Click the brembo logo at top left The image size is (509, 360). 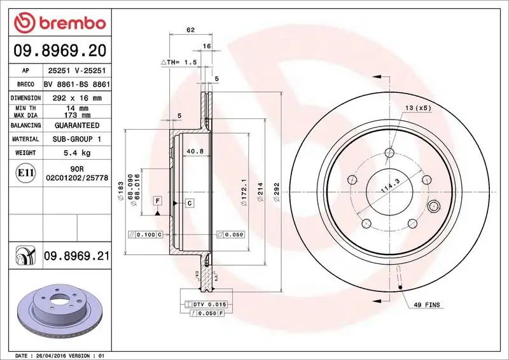tap(59, 23)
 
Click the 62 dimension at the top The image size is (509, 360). tap(190, 29)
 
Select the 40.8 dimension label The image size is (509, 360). tap(195, 151)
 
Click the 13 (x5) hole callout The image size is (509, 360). tap(417, 108)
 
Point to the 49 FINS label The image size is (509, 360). tap(426, 306)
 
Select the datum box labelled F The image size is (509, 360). tap(157, 201)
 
